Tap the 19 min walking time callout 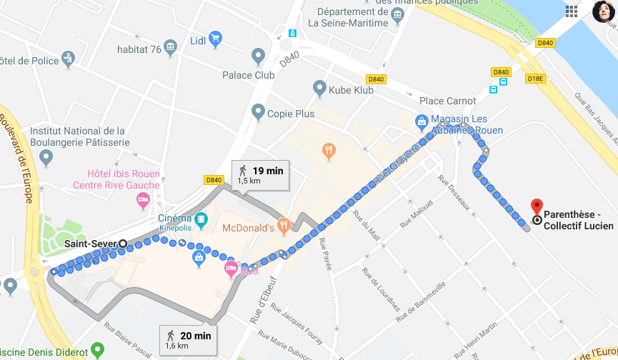(260, 175)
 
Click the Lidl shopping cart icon (215, 39)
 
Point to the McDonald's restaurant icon (284, 225)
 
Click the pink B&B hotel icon (231, 269)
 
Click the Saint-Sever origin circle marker (123, 244)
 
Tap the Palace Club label (248, 75)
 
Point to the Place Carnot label (447, 101)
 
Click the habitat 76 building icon (170, 49)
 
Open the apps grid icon (572, 11)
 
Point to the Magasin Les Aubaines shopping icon (423, 122)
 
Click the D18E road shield (534, 77)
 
